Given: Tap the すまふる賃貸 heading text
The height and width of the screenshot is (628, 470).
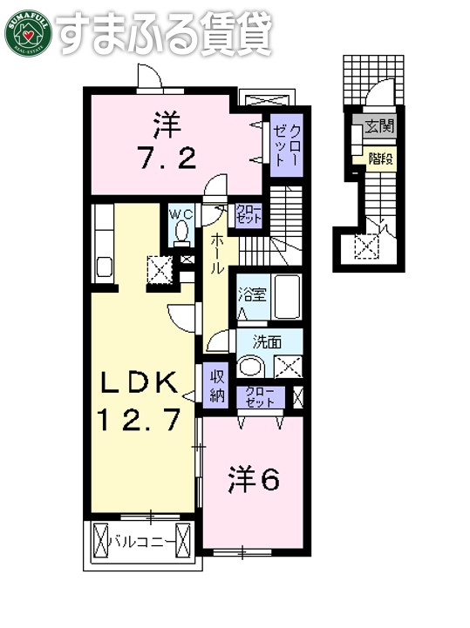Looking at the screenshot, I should pos(166,32).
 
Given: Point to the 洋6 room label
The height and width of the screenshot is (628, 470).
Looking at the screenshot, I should pos(254,478).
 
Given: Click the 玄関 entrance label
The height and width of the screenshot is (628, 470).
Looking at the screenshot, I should pos(378,126).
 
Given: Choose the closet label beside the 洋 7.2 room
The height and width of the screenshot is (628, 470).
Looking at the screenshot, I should pos(285,145).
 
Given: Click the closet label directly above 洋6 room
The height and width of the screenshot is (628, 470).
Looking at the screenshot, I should pos(261,396).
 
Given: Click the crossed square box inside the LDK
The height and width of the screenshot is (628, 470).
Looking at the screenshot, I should pos(160,270).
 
